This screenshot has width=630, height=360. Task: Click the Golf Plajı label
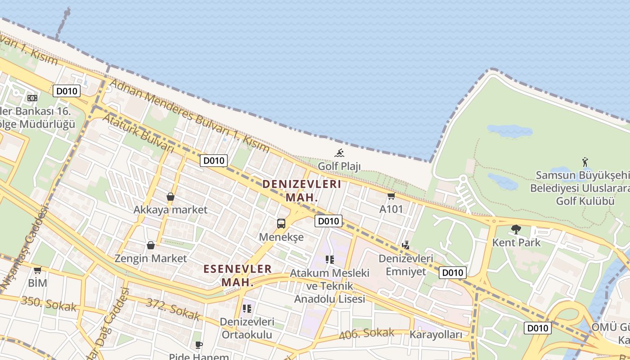pyautogui.click(x=339, y=166)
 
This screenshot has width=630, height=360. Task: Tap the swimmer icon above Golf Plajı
pyautogui.click(x=339, y=153)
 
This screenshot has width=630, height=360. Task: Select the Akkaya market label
pyautogui.click(x=171, y=210)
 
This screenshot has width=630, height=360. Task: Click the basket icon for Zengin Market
pyautogui.click(x=151, y=245)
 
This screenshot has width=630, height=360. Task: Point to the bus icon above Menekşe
pyautogui.click(x=281, y=223)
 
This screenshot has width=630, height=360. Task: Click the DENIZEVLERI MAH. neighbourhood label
pyautogui.click(x=301, y=190)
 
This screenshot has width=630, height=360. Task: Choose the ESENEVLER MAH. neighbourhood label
pyautogui.click(x=238, y=275)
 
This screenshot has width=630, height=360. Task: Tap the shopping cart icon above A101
pyautogui.click(x=391, y=196)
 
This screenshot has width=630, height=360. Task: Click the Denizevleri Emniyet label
pyautogui.click(x=405, y=265)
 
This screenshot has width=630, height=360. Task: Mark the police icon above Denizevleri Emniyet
pyautogui.click(x=405, y=245)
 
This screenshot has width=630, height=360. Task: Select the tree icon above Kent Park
pyautogui.click(x=516, y=229)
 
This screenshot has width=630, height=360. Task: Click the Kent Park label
pyautogui.click(x=516, y=243)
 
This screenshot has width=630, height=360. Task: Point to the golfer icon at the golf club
pyautogui.click(x=585, y=162)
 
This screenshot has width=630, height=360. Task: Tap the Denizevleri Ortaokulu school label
pyautogui.click(x=247, y=328)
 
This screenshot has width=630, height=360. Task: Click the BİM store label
pyautogui.click(x=37, y=283)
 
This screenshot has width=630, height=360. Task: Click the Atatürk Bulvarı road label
pyautogui.click(x=138, y=133)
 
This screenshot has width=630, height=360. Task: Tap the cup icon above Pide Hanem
pyautogui.click(x=199, y=345)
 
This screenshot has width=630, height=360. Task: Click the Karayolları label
pyautogui.click(x=436, y=335)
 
